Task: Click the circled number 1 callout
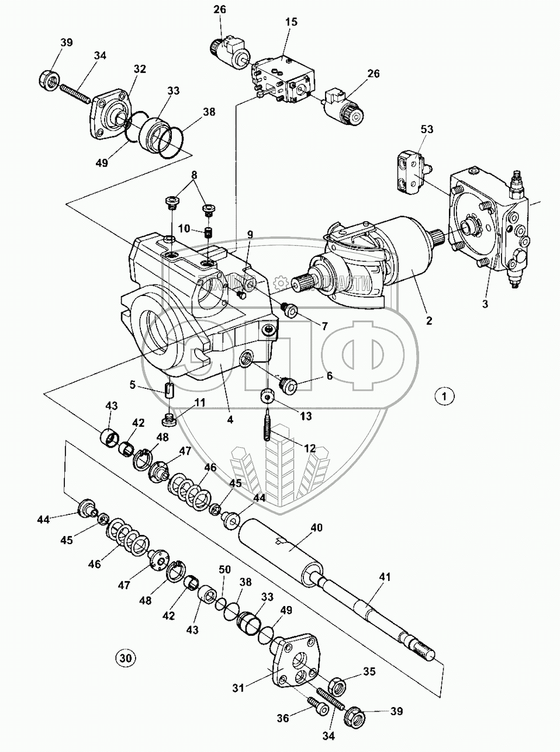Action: (445, 396)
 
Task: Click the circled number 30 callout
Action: (125, 657)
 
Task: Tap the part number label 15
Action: (291, 22)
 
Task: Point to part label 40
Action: (316, 527)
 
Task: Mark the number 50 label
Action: (224, 569)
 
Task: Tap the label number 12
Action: (309, 448)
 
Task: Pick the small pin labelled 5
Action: (170, 389)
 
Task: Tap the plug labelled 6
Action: (288, 385)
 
